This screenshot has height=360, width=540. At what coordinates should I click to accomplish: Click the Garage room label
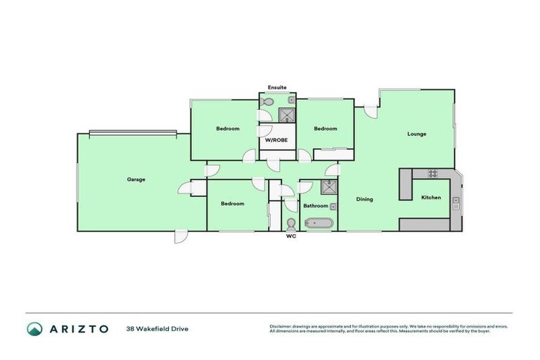[136, 179]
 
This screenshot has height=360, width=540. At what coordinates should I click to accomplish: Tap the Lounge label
[416, 134]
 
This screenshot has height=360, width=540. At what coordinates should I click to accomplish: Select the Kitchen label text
[431, 198]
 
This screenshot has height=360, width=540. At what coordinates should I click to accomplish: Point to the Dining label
[364, 199]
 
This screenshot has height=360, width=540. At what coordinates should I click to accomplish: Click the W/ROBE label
[277, 140]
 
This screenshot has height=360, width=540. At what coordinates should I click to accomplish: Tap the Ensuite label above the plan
[277, 87]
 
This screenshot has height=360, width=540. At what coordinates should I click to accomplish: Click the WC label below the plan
[291, 237]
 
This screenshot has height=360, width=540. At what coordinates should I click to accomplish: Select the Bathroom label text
[315, 206]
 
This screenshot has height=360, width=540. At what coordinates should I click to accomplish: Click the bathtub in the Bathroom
[320, 224]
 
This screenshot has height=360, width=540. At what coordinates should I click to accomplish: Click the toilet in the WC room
[291, 224]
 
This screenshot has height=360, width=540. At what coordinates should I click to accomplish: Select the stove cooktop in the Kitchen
[433, 174]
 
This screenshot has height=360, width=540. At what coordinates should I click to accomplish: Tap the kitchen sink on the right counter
[456, 204]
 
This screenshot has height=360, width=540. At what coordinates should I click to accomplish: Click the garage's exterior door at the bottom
[181, 237]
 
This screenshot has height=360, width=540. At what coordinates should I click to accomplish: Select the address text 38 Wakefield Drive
[157, 328]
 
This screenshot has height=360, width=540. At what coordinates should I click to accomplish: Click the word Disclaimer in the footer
[282, 326]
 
